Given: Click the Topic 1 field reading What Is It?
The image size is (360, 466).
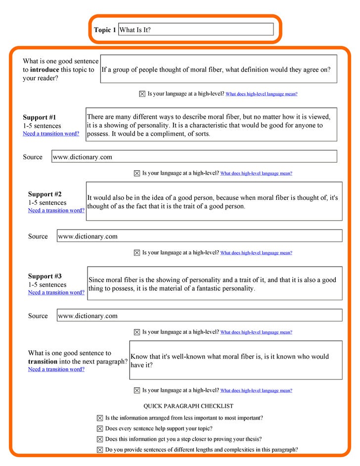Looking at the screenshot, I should pyautogui.click(x=196, y=30).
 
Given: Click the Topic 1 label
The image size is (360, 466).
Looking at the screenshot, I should pyautogui.click(x=105, y=30).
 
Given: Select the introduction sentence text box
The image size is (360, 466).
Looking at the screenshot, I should pyautogui.click(x=219, y=69).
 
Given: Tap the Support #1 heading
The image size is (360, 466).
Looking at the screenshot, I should pyautogui.click(x=40, y=118).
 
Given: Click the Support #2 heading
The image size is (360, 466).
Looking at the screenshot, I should pyautogui.click(x=45, y=194).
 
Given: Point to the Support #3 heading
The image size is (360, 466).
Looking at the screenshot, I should pyautogui.click(x=45, y=277).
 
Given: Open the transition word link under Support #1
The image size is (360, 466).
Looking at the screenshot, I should pyautogui.click(x=51, y=134).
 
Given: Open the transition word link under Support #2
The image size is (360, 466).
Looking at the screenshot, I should pyautogui.click(x=56, y=211).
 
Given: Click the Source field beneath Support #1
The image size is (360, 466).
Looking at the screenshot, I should pyautogui.click(x=194, y=157).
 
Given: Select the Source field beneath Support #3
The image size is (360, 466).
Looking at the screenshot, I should pyautogui.click(x=200, y=316).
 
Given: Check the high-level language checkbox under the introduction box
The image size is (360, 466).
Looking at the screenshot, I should pyautogui.click(x=142, y=94).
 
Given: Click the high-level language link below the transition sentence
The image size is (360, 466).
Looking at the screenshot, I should pyautogui.click(x=256, y=391).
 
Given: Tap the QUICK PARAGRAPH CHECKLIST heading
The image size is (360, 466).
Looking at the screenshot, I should pyautogui.click(x=188, y=406).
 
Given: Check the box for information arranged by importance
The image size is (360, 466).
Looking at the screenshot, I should pyautogui.click(x=100, y=418).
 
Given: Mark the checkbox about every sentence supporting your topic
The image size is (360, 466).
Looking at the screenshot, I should pyautogui.click(x=100, y=429).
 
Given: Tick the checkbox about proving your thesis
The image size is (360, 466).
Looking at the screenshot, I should pyautogui.click(x=100, y=439).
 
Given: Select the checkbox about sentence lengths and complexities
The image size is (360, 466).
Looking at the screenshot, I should pyautogui.click(x=100, y=450).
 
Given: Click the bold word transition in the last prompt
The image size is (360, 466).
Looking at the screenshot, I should pyautogui.click(x=43, y=362).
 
